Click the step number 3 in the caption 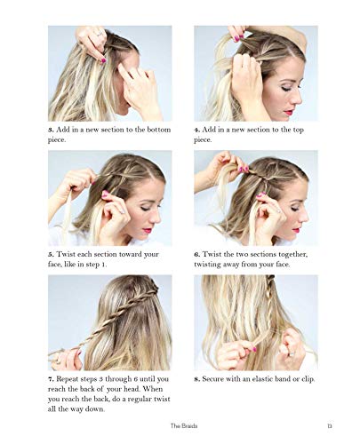pos(51,130)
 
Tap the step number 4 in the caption pos(197,130)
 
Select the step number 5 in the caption pos(51,254)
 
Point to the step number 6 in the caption pos(197,254)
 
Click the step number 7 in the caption pos(51,379)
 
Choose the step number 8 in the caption pos(197,379)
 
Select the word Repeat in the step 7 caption pos(72,379)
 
